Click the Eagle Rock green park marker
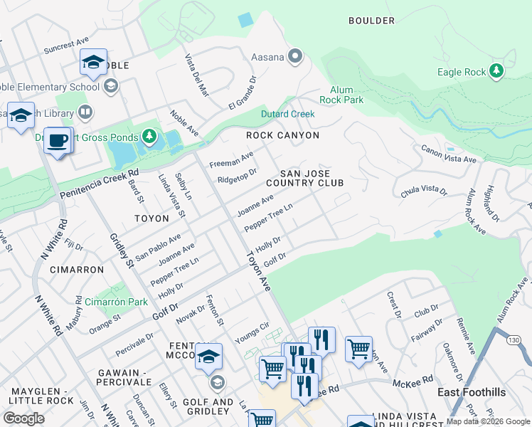point(496,71)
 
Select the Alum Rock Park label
point(346,95)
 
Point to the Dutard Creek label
point(287,114)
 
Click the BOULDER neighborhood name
point(371,21)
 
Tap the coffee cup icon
point(58,140)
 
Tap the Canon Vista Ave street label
point(448,154)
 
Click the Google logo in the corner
point(24,418)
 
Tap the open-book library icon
point(85,112)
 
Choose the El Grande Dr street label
point(241,93)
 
